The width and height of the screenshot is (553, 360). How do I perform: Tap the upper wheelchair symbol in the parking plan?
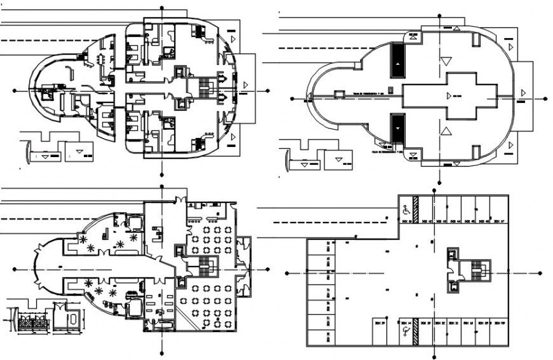[x=404, y=207]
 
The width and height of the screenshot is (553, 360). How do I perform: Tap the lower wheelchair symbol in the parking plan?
[x=404, y=331]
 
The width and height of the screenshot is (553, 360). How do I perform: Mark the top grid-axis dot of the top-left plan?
[x=163, y=8]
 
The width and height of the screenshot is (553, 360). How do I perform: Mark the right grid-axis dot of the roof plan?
[x=545, y=99]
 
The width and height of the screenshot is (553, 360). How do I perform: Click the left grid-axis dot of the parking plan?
[x=288, y=272]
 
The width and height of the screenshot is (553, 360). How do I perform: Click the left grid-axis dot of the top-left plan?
[x=16, y=89]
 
